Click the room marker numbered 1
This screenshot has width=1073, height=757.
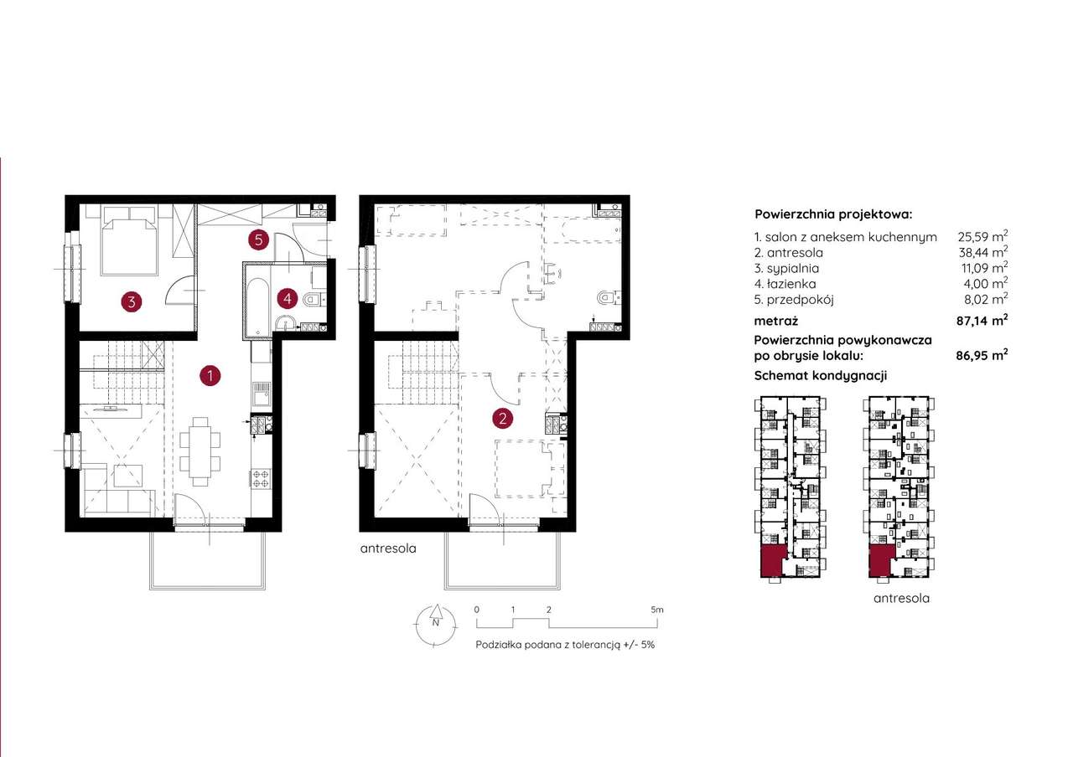[x=210, y=376]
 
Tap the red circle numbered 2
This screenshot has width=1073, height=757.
[x=502, y=419]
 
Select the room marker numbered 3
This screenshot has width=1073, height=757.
[x=132, y=302]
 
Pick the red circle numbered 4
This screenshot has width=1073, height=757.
[x=287, y=299]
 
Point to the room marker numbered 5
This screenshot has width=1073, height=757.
[x=259, y=239]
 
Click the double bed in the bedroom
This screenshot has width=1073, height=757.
[x=129, y=240]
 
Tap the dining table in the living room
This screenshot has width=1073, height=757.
[x=200, y=451]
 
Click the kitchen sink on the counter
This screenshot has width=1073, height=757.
[x=261, y=394]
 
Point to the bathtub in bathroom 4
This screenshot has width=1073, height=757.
[x=258, y=306]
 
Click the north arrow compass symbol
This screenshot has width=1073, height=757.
[x=435, y=626]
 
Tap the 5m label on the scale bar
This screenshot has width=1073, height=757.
[x=657, y=610]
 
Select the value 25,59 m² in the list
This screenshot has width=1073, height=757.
[x=982, y=236]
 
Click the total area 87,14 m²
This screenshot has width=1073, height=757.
[x=982, y=320]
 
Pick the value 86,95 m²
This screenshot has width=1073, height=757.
[x=982, y=356]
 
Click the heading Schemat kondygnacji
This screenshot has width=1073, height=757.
[x=821, y=376]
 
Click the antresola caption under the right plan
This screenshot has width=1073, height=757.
[x=388, y=548]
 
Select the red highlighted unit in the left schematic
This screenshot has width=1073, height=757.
[x=772, y=561]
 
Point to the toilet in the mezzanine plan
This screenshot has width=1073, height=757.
[x=607, y=299]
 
